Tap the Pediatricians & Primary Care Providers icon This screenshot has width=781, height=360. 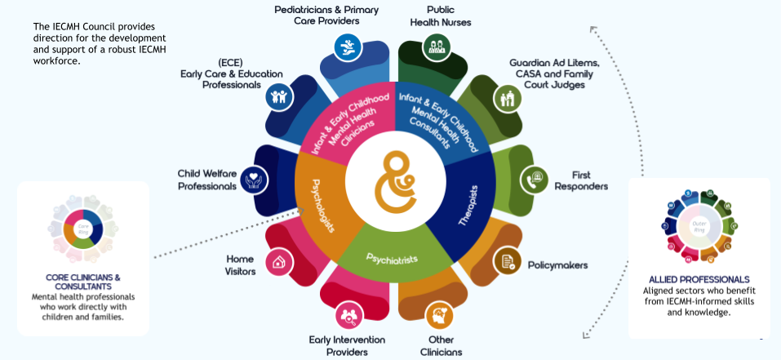(349, 46)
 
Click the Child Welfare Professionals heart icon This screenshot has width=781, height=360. (255, 179)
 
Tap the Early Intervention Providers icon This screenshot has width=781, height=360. (350, 313)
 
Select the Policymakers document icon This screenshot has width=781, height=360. (507, 261)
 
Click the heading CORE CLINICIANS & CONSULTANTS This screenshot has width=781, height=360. (83, 282)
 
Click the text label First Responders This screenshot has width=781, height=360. (581, 180)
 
